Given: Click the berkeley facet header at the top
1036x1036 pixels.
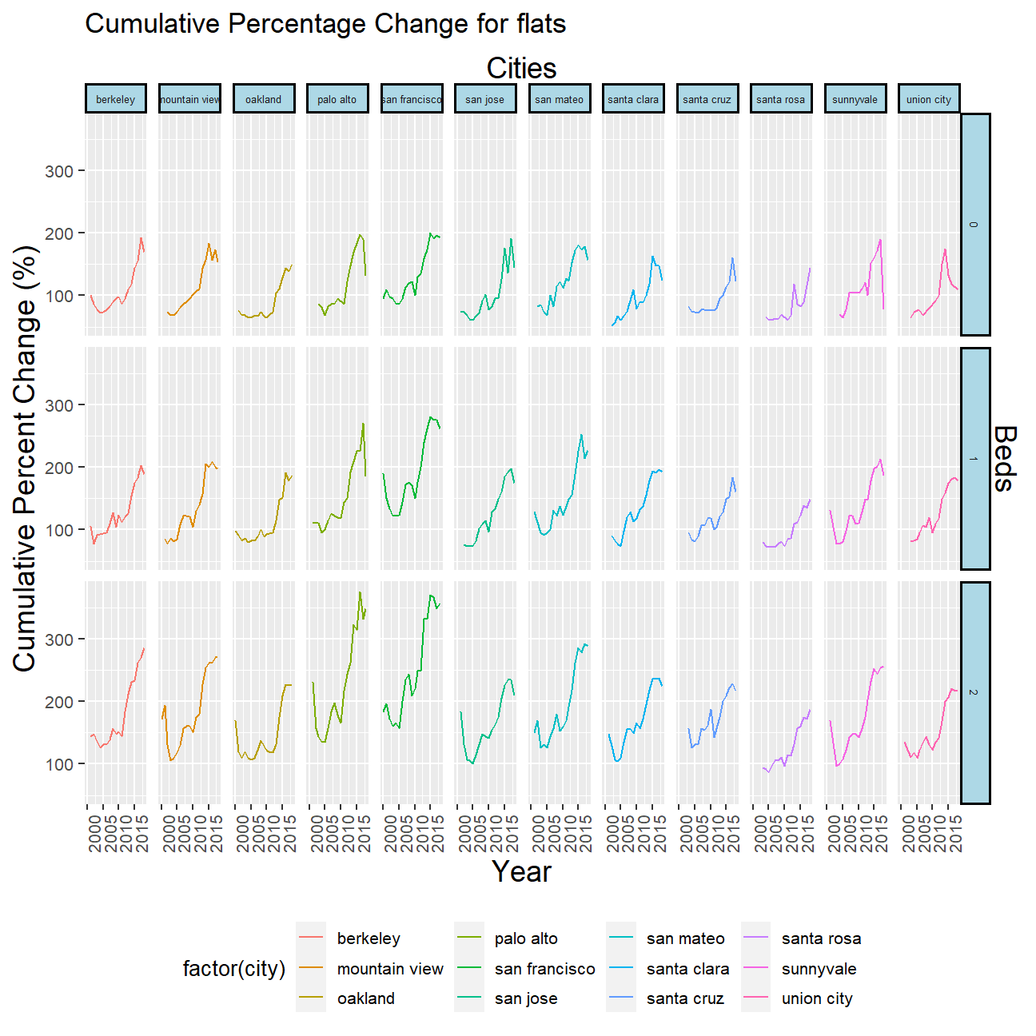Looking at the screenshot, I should click(x=116, y=99).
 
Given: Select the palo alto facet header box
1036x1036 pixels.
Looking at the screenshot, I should click(x=337, y=99).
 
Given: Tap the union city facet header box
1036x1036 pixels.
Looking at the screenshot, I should click(x=929, y=99).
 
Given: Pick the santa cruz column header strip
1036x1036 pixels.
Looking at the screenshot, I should click(x=707, y=99).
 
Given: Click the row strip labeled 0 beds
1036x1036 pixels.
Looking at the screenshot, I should click(x=974, y=225).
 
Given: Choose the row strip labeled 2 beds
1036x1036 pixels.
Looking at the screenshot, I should click(x=974, y=692).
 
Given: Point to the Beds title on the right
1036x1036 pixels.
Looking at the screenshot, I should click(x=1006, y=458).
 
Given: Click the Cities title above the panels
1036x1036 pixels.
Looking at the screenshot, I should click(x=521, y=69).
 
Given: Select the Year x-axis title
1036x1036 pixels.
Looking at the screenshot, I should click(x=521, y=872).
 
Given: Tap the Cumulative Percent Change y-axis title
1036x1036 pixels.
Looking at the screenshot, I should click(x=26, y=458).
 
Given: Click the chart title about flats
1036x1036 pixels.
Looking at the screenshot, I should click(x=325, y=24).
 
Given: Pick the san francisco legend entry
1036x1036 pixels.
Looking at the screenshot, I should click(x=544, y=969).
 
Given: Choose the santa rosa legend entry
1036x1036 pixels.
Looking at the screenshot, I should click(x=821, y=938).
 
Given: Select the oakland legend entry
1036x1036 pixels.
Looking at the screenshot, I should click(x=365, y=998).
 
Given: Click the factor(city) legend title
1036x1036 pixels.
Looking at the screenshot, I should click(x=234, y=969).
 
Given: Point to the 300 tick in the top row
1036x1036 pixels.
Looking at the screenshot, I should click(x=59, y=171).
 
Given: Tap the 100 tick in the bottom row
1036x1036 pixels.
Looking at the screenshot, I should click(x=59, y=764).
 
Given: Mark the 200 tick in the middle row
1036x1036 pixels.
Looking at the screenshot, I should click(x=59, y=468).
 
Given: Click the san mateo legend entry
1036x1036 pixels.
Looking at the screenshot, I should click(x=685, y=938).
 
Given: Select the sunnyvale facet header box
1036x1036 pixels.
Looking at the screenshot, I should click(x=855, y=99).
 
